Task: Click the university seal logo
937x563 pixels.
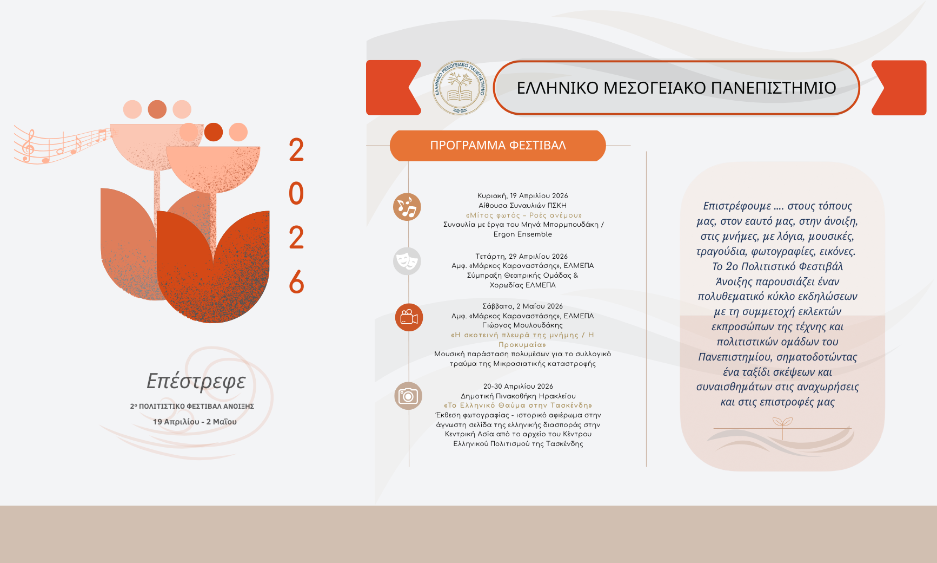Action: (x=460, y=88)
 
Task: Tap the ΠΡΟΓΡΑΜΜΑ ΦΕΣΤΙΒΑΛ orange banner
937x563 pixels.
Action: (x=497, y=146)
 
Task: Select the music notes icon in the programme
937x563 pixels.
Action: (x=407, y=207)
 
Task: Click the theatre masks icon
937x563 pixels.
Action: (x=407, y=261)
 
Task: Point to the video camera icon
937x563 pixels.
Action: (x=409, y=317)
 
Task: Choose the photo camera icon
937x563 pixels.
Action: (x=408, y=396)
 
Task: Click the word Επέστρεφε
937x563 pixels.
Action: (x=196, y=381)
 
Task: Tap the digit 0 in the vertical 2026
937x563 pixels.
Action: (x=296, y=194)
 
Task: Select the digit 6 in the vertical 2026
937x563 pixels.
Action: (x=296, y=282)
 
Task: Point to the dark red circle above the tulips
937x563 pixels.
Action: (x=214, y=132)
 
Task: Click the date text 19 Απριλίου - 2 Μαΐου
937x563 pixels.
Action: (x=195, y=422)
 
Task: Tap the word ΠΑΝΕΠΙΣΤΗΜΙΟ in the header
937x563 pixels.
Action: (x=774, y=88)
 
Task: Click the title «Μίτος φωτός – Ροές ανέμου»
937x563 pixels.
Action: (x=524, y=215)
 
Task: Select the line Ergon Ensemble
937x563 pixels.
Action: (x=523, y=234)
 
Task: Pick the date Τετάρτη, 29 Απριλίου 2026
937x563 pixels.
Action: (x=522, y=257)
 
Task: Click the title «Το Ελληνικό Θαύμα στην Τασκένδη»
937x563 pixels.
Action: (x=518, y=405)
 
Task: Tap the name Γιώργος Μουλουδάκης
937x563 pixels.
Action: (x=522, y=325)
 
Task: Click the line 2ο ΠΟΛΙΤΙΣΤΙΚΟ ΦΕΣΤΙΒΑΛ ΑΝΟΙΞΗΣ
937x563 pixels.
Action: (x=192, y=406)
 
